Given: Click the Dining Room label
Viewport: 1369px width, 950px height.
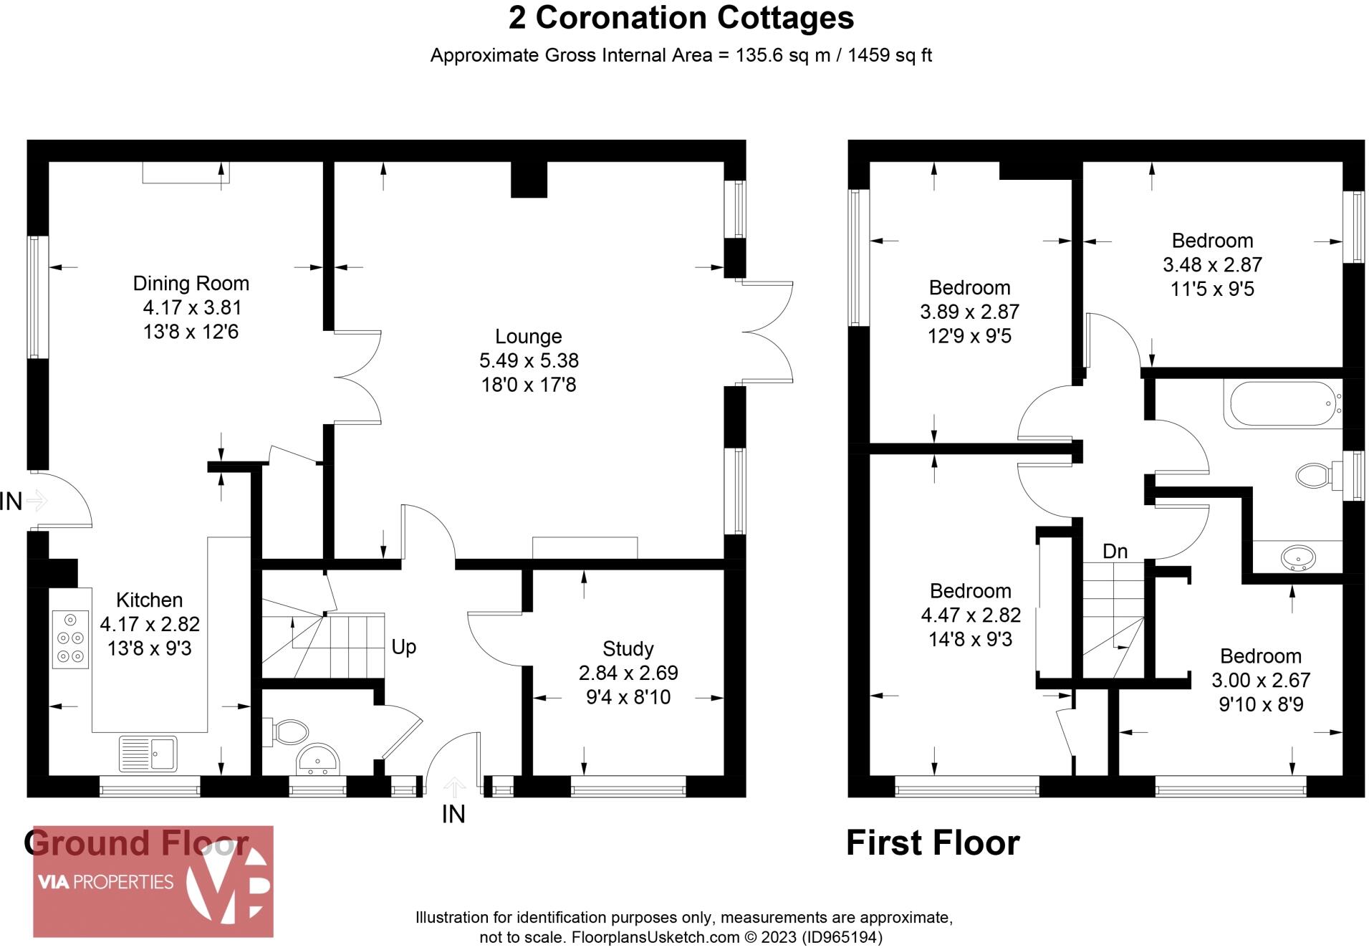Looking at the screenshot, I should coord(191,284).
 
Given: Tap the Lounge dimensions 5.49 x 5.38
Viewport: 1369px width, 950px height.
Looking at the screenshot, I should coord(529,360).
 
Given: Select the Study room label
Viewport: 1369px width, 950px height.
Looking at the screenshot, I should coord(628,649).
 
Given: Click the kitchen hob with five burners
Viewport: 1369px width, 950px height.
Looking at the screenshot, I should coord(70,638).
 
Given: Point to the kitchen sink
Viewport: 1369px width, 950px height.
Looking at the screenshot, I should coord(148,754).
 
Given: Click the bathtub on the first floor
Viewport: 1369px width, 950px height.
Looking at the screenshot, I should coord(1283,405).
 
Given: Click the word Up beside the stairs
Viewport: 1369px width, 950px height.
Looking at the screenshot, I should coord(403,647).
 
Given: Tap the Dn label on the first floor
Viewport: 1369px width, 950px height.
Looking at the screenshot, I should coord(1115,551).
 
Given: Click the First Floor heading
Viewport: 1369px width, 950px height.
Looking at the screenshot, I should coord(932,843).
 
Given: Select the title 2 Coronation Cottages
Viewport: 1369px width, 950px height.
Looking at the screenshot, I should coord(681,18).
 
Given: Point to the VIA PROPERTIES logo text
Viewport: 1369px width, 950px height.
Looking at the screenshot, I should coord(105,882).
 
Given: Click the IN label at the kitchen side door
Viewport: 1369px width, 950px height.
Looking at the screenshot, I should coord(11,502).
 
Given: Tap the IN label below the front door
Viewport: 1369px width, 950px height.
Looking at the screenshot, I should coord(453,815).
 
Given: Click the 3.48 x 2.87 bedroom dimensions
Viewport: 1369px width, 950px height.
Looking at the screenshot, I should coord(1212,265).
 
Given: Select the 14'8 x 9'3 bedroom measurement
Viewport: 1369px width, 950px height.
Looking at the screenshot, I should coord(970,639).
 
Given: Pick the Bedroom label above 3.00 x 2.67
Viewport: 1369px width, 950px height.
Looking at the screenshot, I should coord(1260,656).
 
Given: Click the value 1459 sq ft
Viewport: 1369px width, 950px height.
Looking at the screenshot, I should coord(889,55).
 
